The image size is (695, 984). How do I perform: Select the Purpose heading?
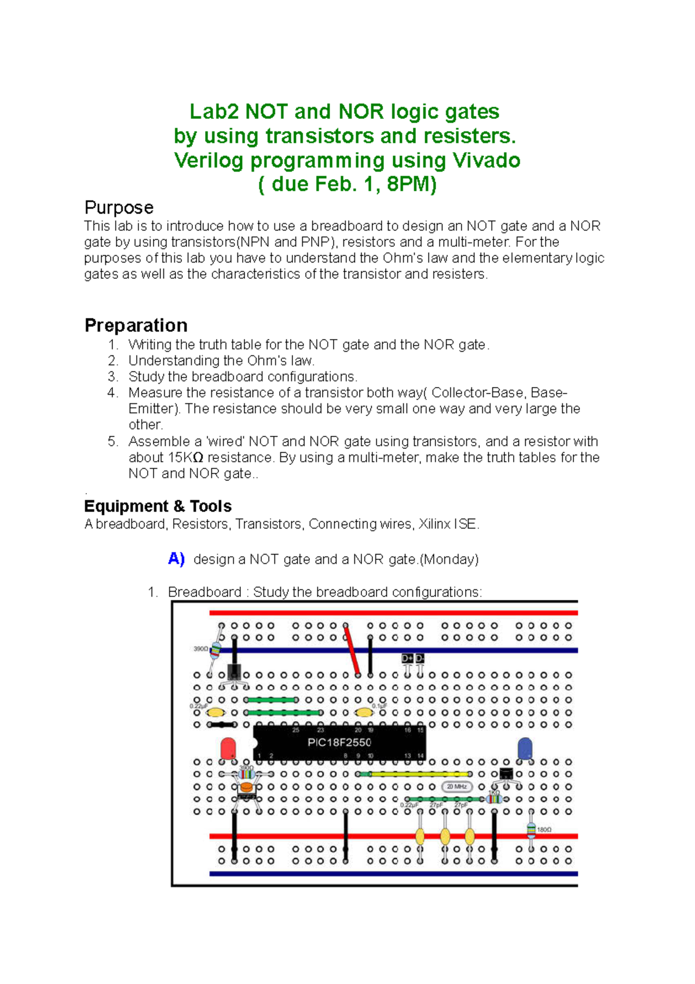119,207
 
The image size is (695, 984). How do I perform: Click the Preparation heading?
136,325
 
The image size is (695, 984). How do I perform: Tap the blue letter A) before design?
176,559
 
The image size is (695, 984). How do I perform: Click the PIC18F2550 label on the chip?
339,742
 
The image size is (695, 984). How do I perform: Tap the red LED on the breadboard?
228,748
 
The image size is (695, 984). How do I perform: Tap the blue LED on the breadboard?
525,748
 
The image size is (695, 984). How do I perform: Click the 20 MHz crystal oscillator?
457,786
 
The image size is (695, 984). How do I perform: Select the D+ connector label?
407,658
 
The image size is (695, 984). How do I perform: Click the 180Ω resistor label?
544,829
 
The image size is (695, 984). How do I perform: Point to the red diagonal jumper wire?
352,650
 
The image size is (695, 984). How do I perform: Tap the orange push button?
247,787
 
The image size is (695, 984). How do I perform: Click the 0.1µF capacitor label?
379,706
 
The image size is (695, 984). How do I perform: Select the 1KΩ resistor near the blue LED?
493,798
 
